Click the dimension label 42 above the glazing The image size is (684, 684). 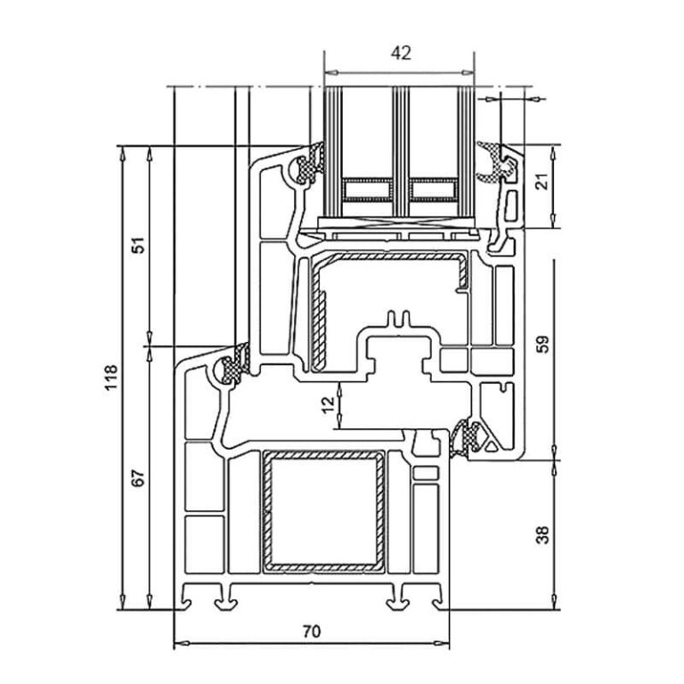click(400, 53)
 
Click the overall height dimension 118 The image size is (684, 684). click(110, 380)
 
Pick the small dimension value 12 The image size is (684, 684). click(329, 403)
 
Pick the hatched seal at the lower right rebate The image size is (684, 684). click(468, 437)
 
